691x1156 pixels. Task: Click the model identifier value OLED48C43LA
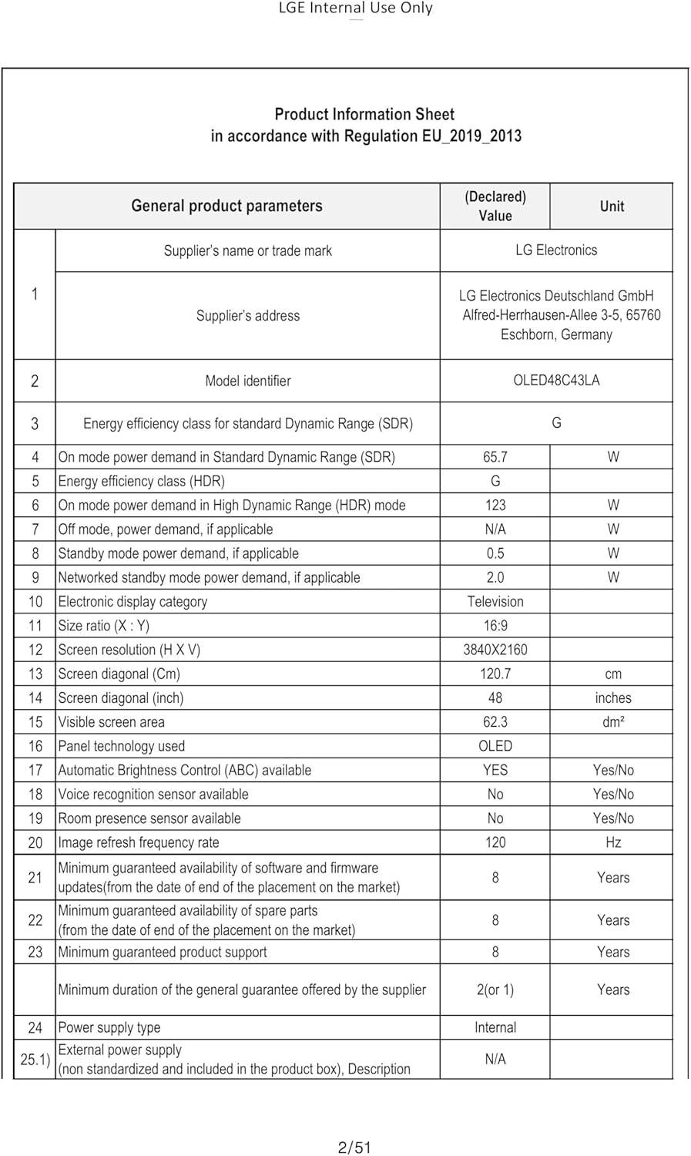click(556, 380)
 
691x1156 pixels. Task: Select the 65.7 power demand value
click(495, 457)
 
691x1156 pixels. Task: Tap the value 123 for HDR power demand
click(495, 505)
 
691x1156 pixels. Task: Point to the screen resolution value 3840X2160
click(495, 650)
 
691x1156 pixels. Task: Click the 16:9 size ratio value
click(495, 626)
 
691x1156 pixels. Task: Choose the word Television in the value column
click(495, 601)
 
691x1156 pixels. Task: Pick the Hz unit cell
click(613, 842)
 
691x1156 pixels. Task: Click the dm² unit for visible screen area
click(613, 722)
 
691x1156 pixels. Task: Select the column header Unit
click(612, 206)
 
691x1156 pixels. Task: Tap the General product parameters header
click(226, 206)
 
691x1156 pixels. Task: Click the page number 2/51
click(354, 1148)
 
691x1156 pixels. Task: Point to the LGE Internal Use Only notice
click(355, 8)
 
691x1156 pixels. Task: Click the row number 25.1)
click(35, 1060)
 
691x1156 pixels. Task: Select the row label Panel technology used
click(122, 746)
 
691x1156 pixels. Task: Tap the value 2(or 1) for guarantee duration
click(495, 990)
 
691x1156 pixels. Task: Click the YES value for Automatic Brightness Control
click(495, 770)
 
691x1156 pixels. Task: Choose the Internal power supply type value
click(495, 1027)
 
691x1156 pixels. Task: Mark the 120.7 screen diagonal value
click(495, 674)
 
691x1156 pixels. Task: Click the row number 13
click(35, 674)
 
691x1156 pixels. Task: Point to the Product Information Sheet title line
click(364, 114)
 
